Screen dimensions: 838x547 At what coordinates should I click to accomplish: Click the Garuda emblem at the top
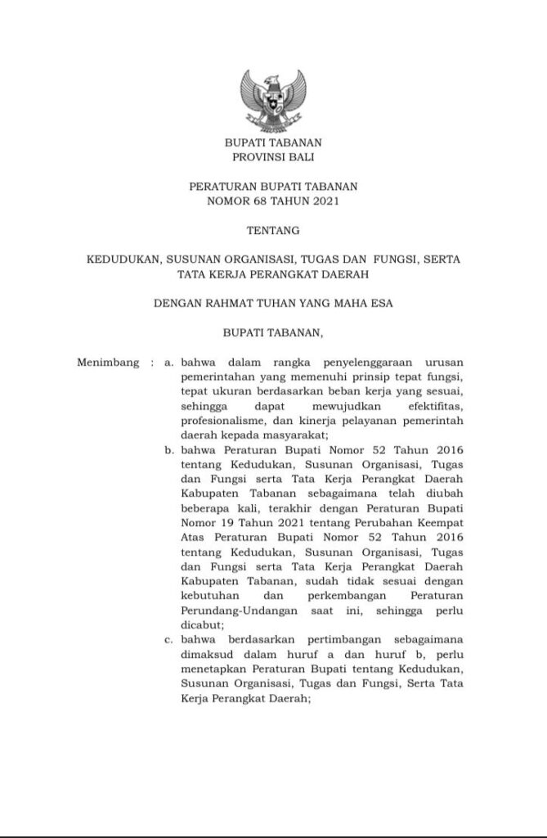click(x=272, y=97)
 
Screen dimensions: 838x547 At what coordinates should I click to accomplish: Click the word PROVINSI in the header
click(x=250, y=155)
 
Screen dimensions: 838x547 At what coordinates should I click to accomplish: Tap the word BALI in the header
click(x=299, y=155)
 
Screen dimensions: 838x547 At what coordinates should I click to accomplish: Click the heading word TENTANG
click(x=273, y=231)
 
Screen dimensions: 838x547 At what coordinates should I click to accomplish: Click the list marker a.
click(x=169, y=362)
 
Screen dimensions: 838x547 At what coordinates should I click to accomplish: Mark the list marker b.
click(x=169, y=450)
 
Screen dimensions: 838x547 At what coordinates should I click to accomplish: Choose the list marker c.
click(x=169, y=641)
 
